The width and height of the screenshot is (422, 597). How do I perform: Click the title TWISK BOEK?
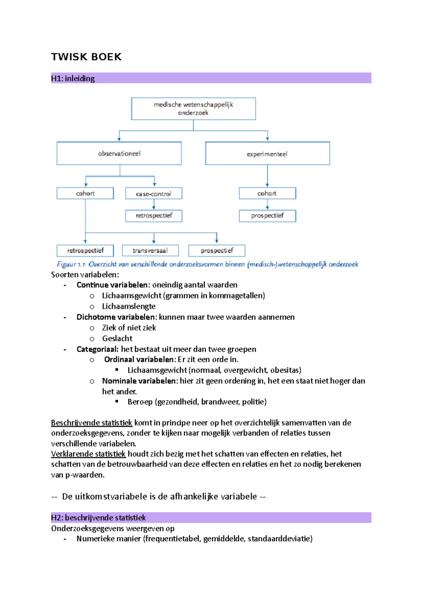pyautogui.click(x=86, y=57)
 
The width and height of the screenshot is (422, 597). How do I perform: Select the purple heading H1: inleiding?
pyautogui.click(x=73, y=78)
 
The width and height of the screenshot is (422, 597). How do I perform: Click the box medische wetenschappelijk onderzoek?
pyautogui.click(x=193, y=109)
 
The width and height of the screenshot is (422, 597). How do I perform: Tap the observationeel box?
pyautogui.click(x=119, y=153)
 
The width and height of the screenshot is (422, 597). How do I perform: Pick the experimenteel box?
pyautogui.click(x=267, y=154)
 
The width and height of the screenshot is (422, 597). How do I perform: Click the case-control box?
pyautogui.click(x=154, y=194)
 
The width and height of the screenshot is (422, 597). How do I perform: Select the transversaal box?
pyautogui.click(x=150, y=250)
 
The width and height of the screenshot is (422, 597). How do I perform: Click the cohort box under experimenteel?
pyautogui.click(x=267, y=193)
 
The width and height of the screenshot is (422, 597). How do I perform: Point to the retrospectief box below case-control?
pyautogui.click(x=154, y=216)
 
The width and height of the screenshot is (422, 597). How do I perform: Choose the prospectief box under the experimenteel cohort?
pyautogui.click(x=267, y=216)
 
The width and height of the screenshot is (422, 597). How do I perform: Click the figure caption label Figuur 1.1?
pyautogui.click(x=71, y=264)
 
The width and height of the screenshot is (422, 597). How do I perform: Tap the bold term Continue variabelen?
pyautogui.click(x=112, y=285)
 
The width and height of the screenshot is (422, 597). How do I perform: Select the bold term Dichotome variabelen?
pyautogui.click(x=116, y=317)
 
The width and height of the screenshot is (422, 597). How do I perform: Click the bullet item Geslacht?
pyautogui.click(x=117, y=339)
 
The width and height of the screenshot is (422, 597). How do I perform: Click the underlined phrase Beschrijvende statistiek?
pyautogui.click(x=91, y=423)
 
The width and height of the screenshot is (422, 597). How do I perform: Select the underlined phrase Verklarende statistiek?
pyautogui.click(x=88, y=454)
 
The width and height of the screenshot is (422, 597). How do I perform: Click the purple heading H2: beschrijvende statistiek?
pyautogui.click(x=98, y=518)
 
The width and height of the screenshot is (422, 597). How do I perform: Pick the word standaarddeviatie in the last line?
pyautogui.click(x=279, y=539)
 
